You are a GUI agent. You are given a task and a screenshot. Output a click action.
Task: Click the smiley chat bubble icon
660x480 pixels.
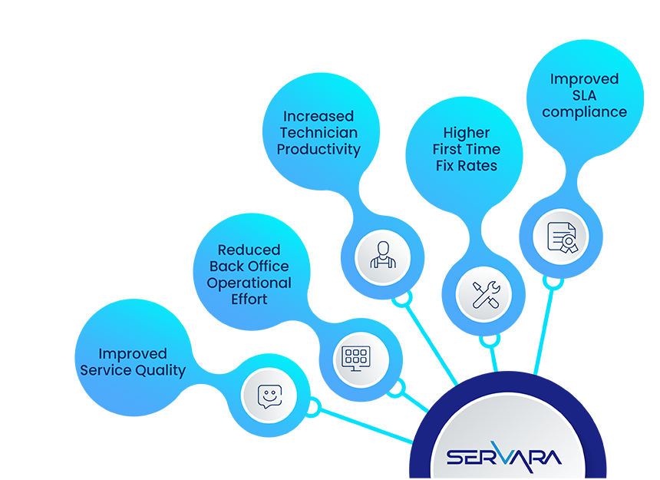(x=269, y=396)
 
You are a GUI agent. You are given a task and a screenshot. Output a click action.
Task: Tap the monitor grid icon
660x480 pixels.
(x=361, y=359)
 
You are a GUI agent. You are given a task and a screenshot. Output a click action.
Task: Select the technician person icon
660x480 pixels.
(x=382, y=256)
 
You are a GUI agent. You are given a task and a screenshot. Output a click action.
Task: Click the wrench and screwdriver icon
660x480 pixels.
(x=483, y=294)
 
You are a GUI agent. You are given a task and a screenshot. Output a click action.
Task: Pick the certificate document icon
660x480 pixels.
(x=561, y=237)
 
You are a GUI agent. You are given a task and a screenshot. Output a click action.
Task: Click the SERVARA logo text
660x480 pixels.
(x=504, y=458)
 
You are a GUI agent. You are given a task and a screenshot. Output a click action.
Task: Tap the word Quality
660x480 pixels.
(x=160, y=371)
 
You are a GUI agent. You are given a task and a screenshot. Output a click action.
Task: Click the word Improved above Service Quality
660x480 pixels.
(x=133, y=354)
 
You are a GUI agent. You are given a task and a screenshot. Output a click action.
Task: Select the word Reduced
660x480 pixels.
(x=249, y=250)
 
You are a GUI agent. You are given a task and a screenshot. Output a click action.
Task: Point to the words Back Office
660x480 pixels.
(x=249, y=266)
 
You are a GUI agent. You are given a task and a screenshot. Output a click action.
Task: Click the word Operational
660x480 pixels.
(x=249, y=283)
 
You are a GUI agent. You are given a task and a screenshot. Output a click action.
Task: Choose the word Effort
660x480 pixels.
(x=249, y=300)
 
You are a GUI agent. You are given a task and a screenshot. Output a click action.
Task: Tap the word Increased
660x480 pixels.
(x=318, y=117)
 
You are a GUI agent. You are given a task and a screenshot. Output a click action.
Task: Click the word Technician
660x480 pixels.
(x=318, y=133)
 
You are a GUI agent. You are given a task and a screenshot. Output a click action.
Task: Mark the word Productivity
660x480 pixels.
(x=318, y=150)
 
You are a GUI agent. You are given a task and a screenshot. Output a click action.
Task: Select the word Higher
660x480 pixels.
(x=467, y=133)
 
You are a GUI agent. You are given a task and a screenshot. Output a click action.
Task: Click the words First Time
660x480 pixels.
(x=467, y=149)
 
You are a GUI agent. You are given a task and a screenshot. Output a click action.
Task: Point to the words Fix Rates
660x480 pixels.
(x=467, y=166)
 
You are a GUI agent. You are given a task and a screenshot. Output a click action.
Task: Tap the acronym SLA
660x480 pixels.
(x=584, y=95)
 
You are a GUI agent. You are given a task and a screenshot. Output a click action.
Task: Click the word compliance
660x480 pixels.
(x=584, y=112)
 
